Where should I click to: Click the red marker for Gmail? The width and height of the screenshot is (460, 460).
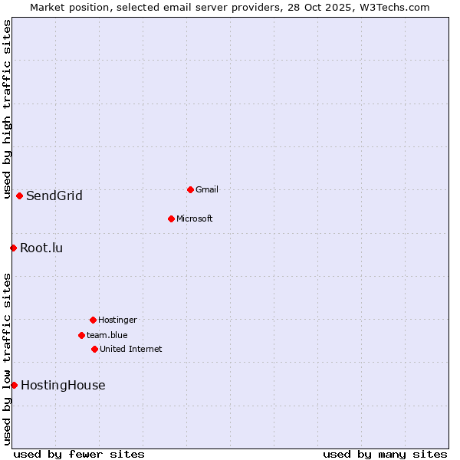click(190, 189)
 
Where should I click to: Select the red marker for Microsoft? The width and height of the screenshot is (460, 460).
click(171, 219)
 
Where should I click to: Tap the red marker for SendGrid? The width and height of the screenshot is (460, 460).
click(19, 195)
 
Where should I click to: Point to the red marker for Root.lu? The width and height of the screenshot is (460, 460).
click(13, 248)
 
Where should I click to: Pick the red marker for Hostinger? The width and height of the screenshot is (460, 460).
click(93, 320)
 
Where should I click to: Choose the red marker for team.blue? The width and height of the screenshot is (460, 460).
click(81, 335)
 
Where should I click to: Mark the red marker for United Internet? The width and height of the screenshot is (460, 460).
click(94, 349)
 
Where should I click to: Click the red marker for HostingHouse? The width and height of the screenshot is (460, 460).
click(14, 385)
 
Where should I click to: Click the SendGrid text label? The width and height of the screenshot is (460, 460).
click(54, 195)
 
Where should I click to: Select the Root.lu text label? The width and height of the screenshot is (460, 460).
click(41, 248)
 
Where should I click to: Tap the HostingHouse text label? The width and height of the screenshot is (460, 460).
click(63, 385)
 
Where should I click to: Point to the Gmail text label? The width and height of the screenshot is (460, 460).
click(207, 189)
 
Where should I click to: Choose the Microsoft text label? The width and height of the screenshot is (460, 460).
click(195, 219)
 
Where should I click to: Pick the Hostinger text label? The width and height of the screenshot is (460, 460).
click(117, 320)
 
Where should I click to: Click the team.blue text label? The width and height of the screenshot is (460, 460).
click(107, 335)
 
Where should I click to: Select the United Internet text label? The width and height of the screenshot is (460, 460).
click(131, 349)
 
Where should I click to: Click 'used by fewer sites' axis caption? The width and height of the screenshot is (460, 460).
click(79, 454)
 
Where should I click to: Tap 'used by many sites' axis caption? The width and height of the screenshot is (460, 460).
click(385, 454)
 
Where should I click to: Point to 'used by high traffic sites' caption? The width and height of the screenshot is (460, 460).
click(7, 110)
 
